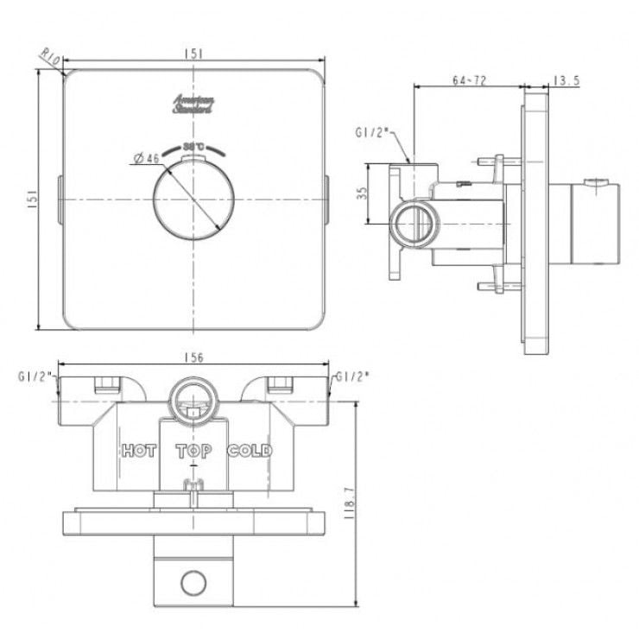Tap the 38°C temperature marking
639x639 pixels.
pos(193,146)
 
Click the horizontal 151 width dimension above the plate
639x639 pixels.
pos(194,53)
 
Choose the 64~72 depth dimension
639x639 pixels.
pos(470,80)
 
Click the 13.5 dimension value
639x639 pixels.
pos(566,80)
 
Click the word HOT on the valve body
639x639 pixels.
pos(139,451)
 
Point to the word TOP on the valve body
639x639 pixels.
pos(193,451)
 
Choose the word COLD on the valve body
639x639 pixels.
pos(250,451)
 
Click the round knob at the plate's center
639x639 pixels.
pos(193,200)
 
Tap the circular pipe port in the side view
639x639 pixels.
pos(411,224)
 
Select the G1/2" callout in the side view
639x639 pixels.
pos(372,134)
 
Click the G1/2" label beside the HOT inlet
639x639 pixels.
pos(35,377)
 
